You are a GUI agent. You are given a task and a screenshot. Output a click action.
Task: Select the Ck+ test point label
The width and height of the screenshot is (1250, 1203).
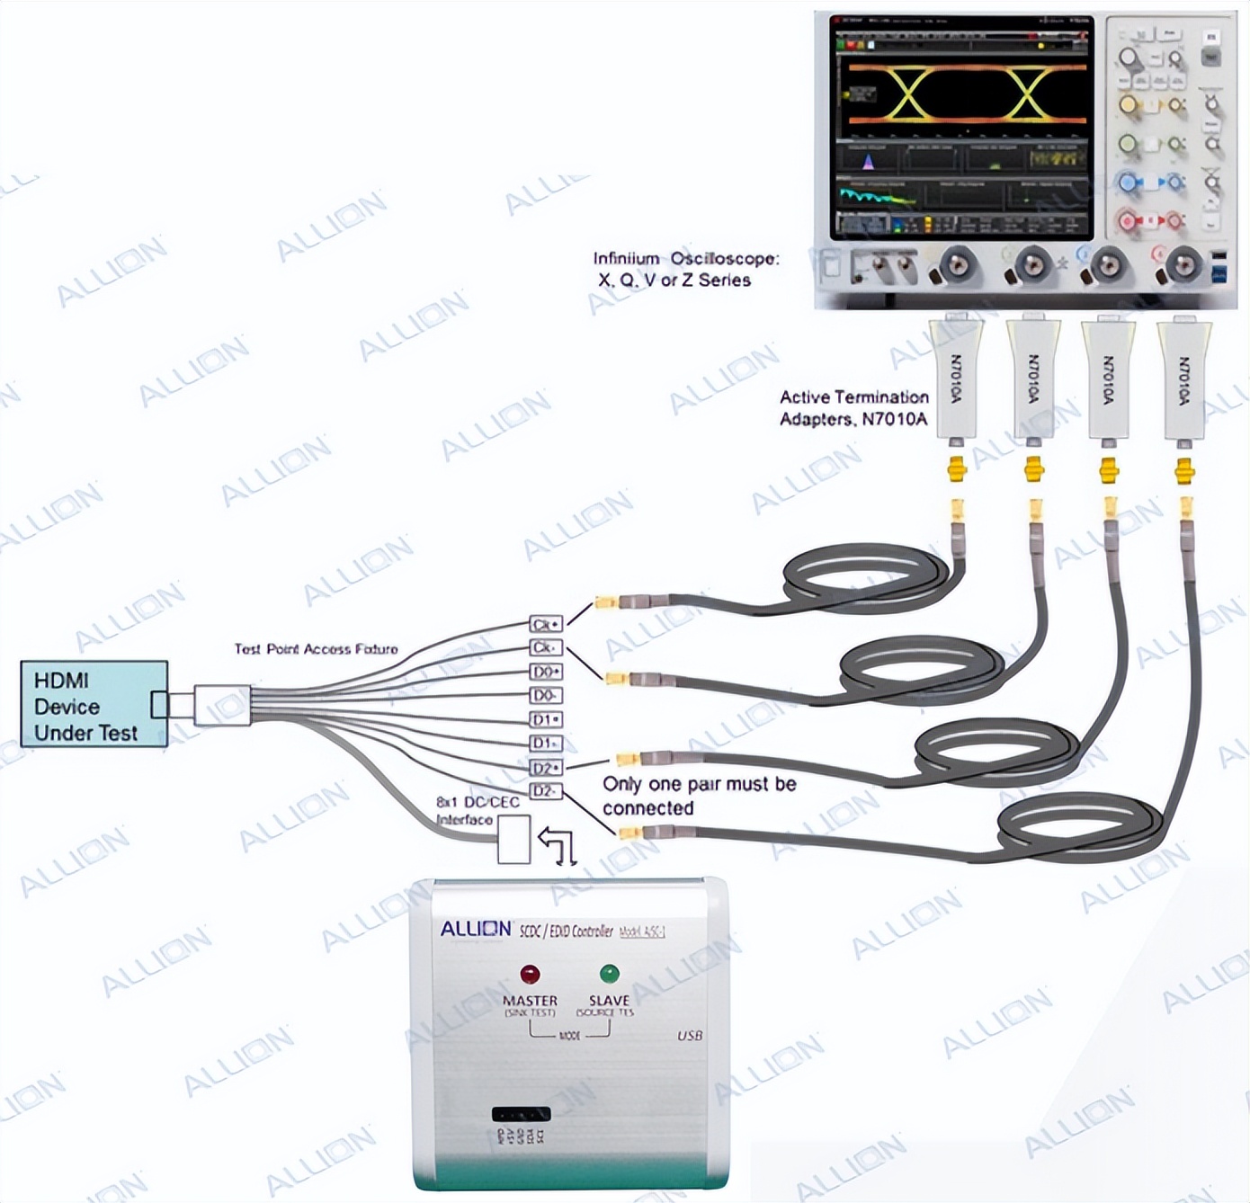(545, 624)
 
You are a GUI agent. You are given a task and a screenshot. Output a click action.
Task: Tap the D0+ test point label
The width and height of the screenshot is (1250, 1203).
(545, 672)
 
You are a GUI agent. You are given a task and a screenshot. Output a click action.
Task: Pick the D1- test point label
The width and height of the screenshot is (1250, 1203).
(545, 744)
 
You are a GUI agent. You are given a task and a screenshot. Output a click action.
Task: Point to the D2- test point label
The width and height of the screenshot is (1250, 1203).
(545, 791)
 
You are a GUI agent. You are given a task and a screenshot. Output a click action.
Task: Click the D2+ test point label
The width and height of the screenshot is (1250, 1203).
(545, 768)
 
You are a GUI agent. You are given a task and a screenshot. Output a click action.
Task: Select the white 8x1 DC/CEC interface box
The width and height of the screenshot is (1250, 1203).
(513, 839)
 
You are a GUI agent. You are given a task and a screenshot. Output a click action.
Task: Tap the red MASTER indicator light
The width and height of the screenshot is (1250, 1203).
(530, 974)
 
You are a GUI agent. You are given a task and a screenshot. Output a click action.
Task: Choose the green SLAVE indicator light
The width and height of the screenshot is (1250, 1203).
(609, 974)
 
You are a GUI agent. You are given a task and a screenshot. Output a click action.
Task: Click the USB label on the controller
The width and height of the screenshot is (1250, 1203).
(690, 1036)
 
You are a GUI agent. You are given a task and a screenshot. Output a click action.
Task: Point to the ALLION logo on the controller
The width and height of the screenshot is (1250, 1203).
(476, 929)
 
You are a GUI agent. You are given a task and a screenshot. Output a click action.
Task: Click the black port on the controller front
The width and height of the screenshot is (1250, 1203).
(521, 1114)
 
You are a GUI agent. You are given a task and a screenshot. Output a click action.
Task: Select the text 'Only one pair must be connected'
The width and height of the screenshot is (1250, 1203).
(699, 796)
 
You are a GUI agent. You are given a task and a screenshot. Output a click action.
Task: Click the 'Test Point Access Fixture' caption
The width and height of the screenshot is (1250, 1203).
(316, 649)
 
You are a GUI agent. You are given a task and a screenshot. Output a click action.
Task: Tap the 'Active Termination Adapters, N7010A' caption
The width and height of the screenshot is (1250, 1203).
(853, 407)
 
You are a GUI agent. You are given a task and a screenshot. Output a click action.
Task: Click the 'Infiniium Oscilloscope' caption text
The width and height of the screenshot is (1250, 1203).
(685, 269)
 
